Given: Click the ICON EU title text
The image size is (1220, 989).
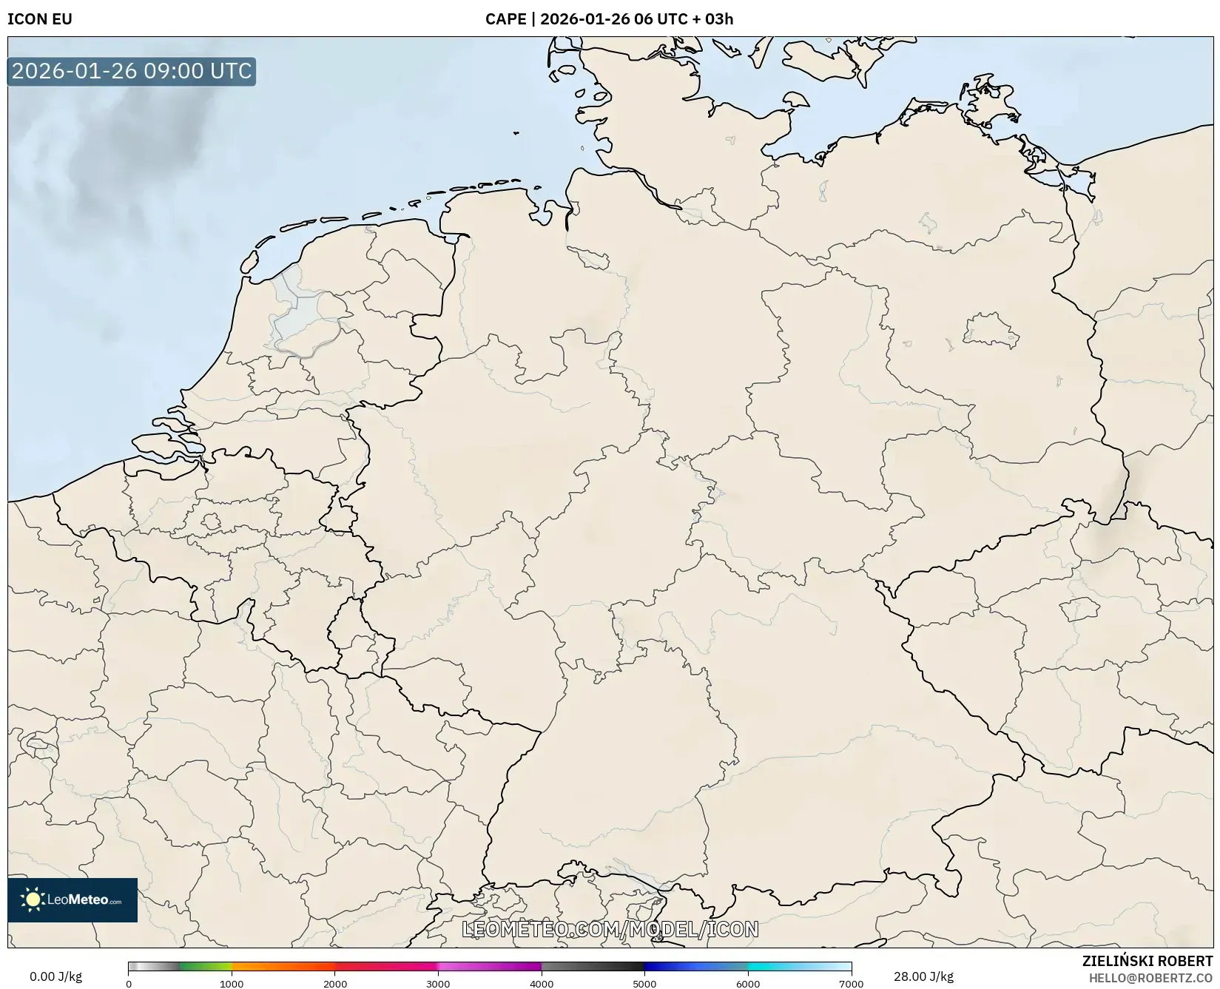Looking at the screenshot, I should click(x=40, y=19).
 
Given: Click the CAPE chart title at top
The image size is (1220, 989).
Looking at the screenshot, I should click(x=609, y=19).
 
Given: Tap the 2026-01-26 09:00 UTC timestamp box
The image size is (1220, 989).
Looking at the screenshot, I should click(x=132, y=72).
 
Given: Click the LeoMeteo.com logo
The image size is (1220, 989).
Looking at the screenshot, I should click(x=73, y=899).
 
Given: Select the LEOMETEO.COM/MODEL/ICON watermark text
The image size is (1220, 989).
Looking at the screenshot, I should click(x=610, y=929).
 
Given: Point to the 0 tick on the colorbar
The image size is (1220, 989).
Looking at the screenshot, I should click(x=129, y=984).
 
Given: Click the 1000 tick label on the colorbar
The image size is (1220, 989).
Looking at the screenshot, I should click(x=232, y=984).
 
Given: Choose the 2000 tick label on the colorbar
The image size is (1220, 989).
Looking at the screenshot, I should click(x=335, y=984).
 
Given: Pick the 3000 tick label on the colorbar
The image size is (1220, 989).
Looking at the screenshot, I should click(x=438, y=984).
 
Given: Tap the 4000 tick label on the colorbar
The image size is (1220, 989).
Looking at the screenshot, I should click(x=542, y=984).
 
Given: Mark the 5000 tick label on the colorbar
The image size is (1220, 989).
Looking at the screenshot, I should click(x=644, y=984).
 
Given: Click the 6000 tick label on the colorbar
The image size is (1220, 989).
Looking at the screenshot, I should click(x=748, y=984).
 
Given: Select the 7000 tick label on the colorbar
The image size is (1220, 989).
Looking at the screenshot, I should click(x=851, y=984).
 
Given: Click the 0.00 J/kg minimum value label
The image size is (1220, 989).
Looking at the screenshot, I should click(x=55, y=976).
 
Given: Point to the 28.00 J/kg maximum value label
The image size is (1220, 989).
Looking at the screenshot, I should click(x=923, y=976).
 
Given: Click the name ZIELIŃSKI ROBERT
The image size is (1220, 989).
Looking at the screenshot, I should click(x=1147, y=961).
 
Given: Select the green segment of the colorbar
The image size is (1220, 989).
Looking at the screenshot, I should click(x=203, y=967).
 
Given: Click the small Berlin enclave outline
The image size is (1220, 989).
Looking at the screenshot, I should click(x=990, y=331).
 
